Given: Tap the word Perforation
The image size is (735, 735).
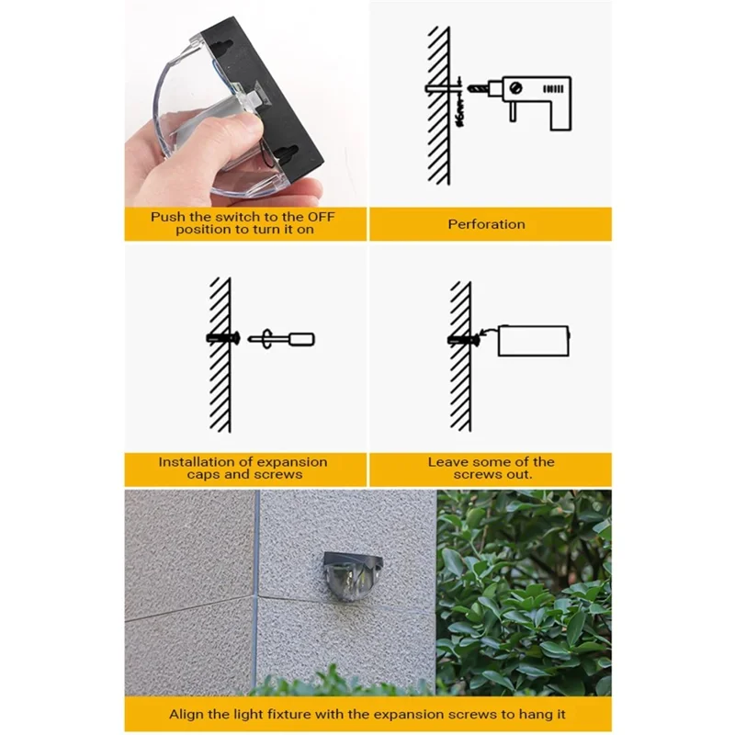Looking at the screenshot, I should pos(487,224).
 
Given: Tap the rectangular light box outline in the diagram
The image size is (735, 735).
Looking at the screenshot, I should pos(533,341).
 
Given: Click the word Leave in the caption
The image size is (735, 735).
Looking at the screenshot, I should pos(447,462).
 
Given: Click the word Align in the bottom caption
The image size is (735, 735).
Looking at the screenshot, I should pos(187,714).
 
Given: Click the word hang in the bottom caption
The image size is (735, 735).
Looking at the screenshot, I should pos(527,715).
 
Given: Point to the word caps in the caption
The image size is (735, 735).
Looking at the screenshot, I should pos(204,474).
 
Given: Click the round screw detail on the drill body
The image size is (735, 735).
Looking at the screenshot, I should pos(515,89).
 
